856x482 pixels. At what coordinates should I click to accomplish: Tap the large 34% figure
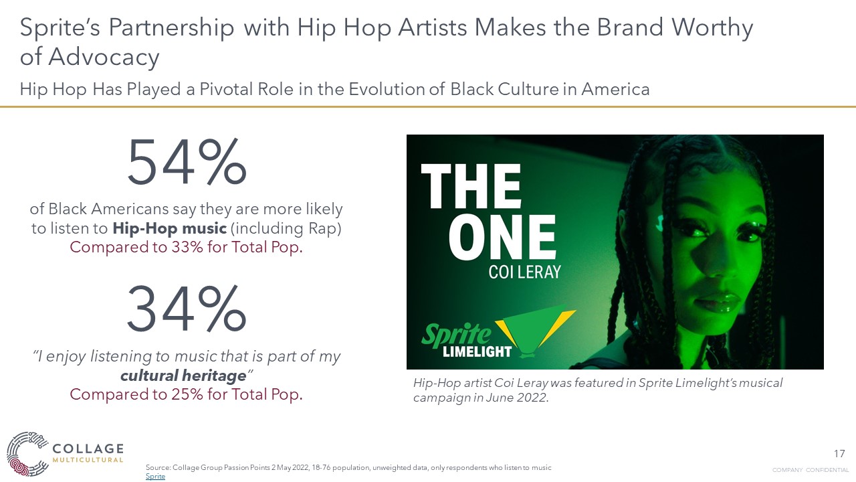pyautogui.click(x=187, y=307)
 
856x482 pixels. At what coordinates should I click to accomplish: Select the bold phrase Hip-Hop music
pyautogui.click(x=169, y=228)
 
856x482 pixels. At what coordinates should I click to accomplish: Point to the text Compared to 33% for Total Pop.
pyautogui.click(x=187, y=247)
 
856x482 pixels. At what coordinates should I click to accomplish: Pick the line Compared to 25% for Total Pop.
pyautogui.click(x=187, y=394)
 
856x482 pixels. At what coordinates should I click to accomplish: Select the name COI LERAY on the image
pyautogui.click(x=524, y=272)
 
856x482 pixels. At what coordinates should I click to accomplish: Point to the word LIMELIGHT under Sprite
pyautogui.click(x=477, y=351)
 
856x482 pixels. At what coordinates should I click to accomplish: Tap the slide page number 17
pyautogui.click(x=840, y=454)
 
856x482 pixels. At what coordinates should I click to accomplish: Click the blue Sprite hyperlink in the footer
pyautogui.click(x=155, y=477)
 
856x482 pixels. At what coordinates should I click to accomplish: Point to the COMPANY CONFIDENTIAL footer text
pyautogui.click(x=810, y=470)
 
